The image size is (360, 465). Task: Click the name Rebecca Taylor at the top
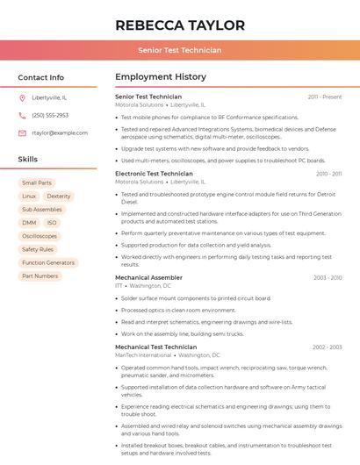click(x=180, y=25)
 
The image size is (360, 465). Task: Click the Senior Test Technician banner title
click(x=180, y=50)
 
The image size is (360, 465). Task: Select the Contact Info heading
click(x=41, y=77)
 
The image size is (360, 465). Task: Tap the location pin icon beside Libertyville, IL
click(x=22, y=97)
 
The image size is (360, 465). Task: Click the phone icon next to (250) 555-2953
click(x=22, y=115)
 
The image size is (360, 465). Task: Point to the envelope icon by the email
click(x=22, y=132)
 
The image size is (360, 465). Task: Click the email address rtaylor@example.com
click(x=60, y=132)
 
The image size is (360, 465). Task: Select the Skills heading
click(x=28, y=160)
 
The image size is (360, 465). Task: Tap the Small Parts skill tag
click(x=37, y=182)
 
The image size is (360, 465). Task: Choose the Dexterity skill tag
click(x=59, y=196)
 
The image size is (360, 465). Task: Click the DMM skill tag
click(x=29, y=223)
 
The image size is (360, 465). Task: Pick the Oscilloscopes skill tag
click(x=40, y=236)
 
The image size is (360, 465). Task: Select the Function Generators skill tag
click(x=48, y=262)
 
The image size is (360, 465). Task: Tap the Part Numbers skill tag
click(x=40, y=275)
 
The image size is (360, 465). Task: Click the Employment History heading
click(x=161, y=77)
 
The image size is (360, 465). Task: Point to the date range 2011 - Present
click(x=325, y=97)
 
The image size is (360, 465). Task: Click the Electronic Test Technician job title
click(x=154, y=174)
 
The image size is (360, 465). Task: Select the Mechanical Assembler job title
click(x=148, y=277)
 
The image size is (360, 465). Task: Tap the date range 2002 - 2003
click(x=327, y=347)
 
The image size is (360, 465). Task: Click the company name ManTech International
click(x=143, y=355)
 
